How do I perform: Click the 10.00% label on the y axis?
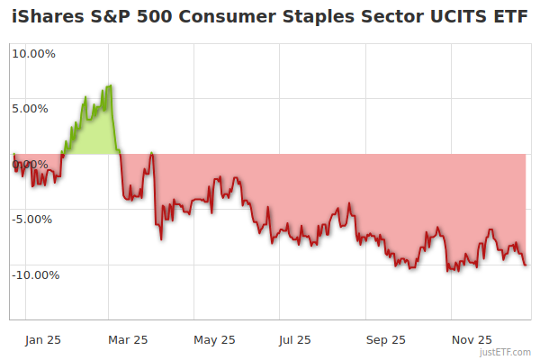33,53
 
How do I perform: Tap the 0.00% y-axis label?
33,164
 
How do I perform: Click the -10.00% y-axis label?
35,274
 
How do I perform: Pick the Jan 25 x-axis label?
43,340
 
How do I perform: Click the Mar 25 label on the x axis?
128,340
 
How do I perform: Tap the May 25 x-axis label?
214,340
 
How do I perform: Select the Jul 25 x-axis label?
295,340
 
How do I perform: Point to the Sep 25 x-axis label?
386,340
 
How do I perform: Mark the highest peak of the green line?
110,85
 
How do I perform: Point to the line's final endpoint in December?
526,264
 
